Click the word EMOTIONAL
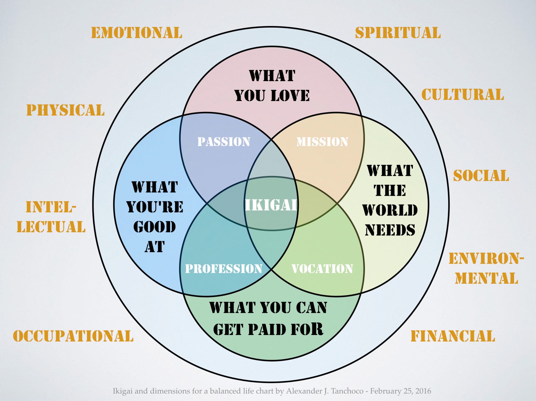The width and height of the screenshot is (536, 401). point(137,33)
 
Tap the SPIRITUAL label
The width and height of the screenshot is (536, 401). point(398,33)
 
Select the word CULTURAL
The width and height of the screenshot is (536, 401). point(463,95)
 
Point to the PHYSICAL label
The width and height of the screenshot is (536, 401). point(65,110)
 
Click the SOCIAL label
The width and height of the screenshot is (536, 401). point(481,176)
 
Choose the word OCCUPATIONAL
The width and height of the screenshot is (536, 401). point(73,336)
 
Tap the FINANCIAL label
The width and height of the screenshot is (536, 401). point(453,336)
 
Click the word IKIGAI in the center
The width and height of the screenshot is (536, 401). point(271,205)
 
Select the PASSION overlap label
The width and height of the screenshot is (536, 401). point(224,142)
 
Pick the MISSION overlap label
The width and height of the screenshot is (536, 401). point(322,142)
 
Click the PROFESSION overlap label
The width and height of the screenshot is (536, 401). point(224,269)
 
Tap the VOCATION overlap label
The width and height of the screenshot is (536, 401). point(322,269)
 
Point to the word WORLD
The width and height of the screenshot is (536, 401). point(390,210)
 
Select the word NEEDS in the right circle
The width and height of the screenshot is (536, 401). point(390,230)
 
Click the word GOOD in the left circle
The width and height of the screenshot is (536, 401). point(154,227)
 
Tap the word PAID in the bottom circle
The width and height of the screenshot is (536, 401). point(267,329)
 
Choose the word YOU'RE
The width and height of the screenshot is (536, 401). point(154,207)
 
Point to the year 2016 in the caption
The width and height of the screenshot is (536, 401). point(424,391)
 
